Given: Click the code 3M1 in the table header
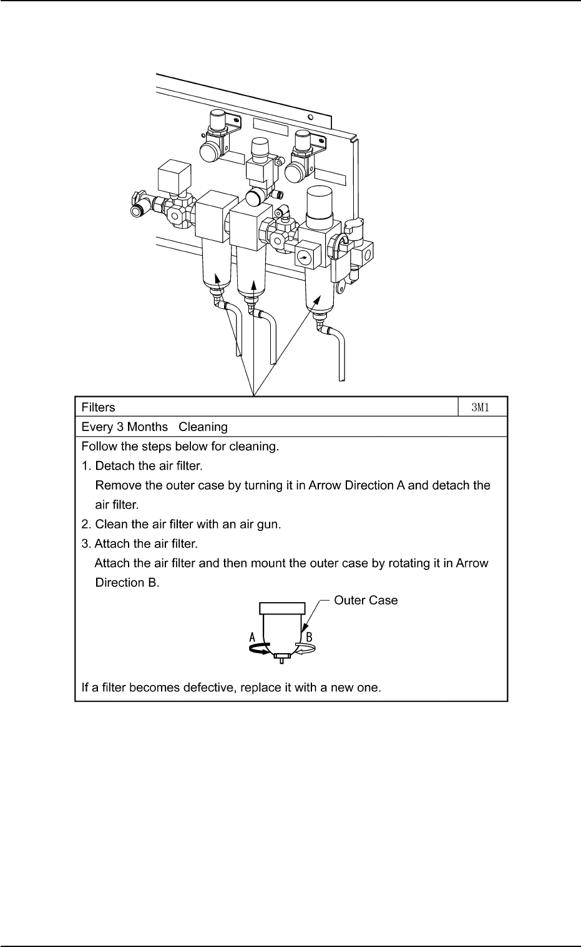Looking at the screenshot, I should (482, 407).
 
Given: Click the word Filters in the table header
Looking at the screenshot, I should (99, 407).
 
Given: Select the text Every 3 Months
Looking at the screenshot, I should (125, 427).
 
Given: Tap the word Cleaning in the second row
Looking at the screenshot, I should (203, 427).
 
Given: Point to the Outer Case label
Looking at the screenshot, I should (366, 600).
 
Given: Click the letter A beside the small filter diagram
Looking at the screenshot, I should (253, 637).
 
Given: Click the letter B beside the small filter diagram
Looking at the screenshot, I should (308, 637).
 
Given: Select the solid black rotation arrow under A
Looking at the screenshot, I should (258, 650).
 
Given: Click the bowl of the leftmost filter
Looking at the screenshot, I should (217, 265).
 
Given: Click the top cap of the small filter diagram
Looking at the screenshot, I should (282, 608).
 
